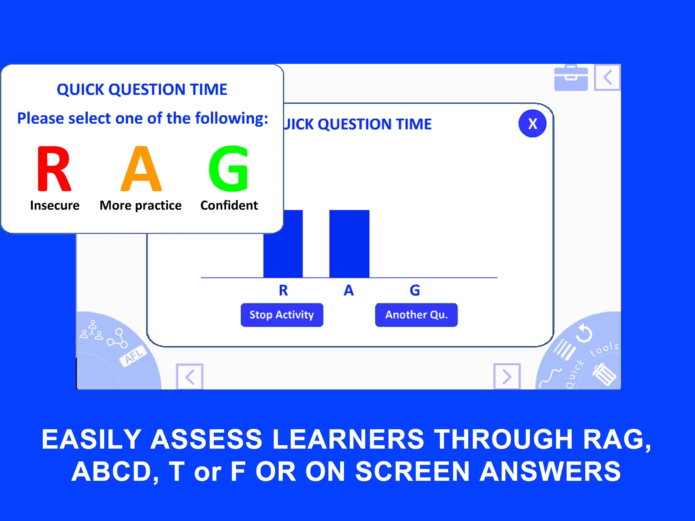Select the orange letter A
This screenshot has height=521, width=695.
(141, 169)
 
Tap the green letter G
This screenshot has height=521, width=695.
(229, 169)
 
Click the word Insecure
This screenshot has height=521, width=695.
(55, 205)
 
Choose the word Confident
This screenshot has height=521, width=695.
(229, 205)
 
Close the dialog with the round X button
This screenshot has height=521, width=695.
(532, 123)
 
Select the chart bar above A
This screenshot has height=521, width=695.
(349, 244)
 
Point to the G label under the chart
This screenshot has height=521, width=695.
(415, 290)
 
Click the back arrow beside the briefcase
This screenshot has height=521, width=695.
(607, 77)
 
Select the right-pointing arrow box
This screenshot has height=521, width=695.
(507, 377)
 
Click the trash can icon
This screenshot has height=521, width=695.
(604, 374)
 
